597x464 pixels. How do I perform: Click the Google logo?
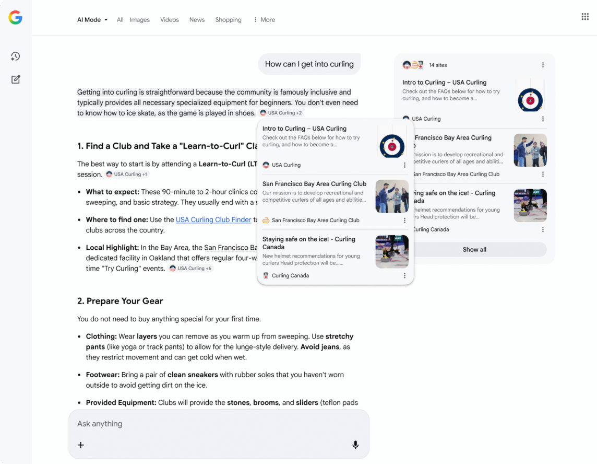coord(15,18)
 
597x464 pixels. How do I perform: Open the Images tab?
coord(139,20)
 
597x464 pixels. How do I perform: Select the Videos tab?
coord(169,20)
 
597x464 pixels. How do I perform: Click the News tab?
coord(197,20)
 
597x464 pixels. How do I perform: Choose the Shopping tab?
coord(228,20)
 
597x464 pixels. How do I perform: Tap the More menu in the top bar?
coord(264,20)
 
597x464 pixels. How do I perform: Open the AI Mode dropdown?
coord(92,20)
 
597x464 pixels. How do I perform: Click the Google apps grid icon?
coord(585,17)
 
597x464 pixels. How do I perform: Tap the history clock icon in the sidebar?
coord(15,56)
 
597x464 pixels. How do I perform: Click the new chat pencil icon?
coord(15,79)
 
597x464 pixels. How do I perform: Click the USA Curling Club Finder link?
coord(213,220)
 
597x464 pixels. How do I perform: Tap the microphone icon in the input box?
coord(355,445)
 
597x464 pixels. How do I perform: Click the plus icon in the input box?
coord(81,445)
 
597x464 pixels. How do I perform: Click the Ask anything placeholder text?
coord(100,424)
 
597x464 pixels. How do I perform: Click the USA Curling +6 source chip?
coord(190,269)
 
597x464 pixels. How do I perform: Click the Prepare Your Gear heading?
coord(120,301)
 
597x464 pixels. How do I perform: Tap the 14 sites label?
coord(438,65)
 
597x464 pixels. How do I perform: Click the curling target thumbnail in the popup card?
coord(392,145)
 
